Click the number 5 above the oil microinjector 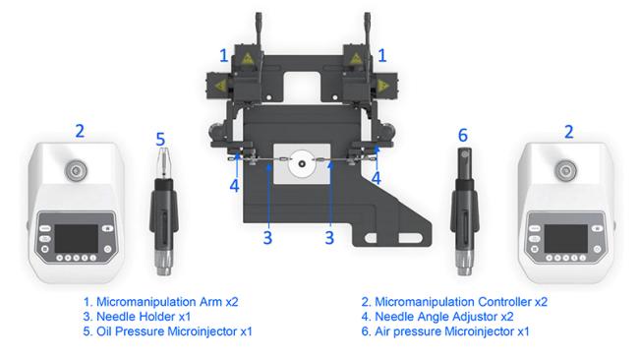[160, 140]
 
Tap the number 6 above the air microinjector [463, 136]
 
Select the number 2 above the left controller [80, 131]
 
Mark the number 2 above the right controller [569, 132]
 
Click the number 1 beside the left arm [224, 56]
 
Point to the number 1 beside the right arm [381, 56]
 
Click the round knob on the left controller [77, 170]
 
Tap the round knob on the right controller [565, 170]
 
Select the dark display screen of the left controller [77, 238]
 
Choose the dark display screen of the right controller [565, 238]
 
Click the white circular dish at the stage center [302, 163]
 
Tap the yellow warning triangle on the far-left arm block [220, 86]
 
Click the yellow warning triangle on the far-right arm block [382, 86]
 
